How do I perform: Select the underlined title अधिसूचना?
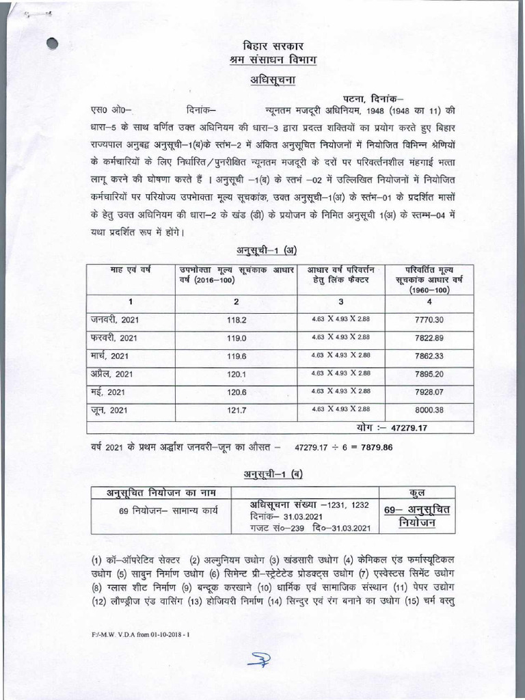[263, 80]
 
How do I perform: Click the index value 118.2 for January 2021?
[236, 319]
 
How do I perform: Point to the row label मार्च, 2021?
[109, 355]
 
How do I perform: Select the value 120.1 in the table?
[236, 373]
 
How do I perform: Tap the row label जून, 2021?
[108, 409]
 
